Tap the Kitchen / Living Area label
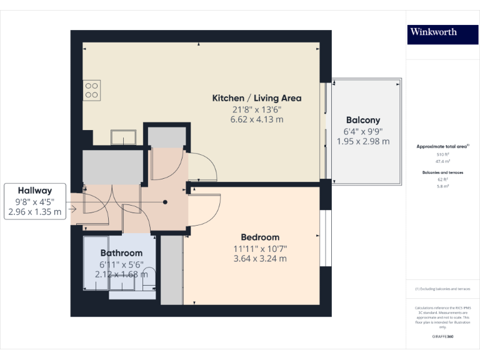point(257,98)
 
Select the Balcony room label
point(362,120)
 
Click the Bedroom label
point(260,237)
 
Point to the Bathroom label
point(121,253)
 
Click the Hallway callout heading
point(34,191)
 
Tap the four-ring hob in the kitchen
point(92,91)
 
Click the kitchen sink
point(123,137)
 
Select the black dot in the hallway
point(166,202)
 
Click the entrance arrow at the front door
point(74,209)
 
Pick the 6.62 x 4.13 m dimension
point(257,119)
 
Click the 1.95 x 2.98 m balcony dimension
point(362,141)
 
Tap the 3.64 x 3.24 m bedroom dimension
point(260,259)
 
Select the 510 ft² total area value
point(442,154)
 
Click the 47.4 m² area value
point(442,161)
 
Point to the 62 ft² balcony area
point(442,179)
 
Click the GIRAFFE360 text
point(442,337)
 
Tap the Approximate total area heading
point(442,146)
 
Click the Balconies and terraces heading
point(442,172)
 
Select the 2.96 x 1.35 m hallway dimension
point(34,212)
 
